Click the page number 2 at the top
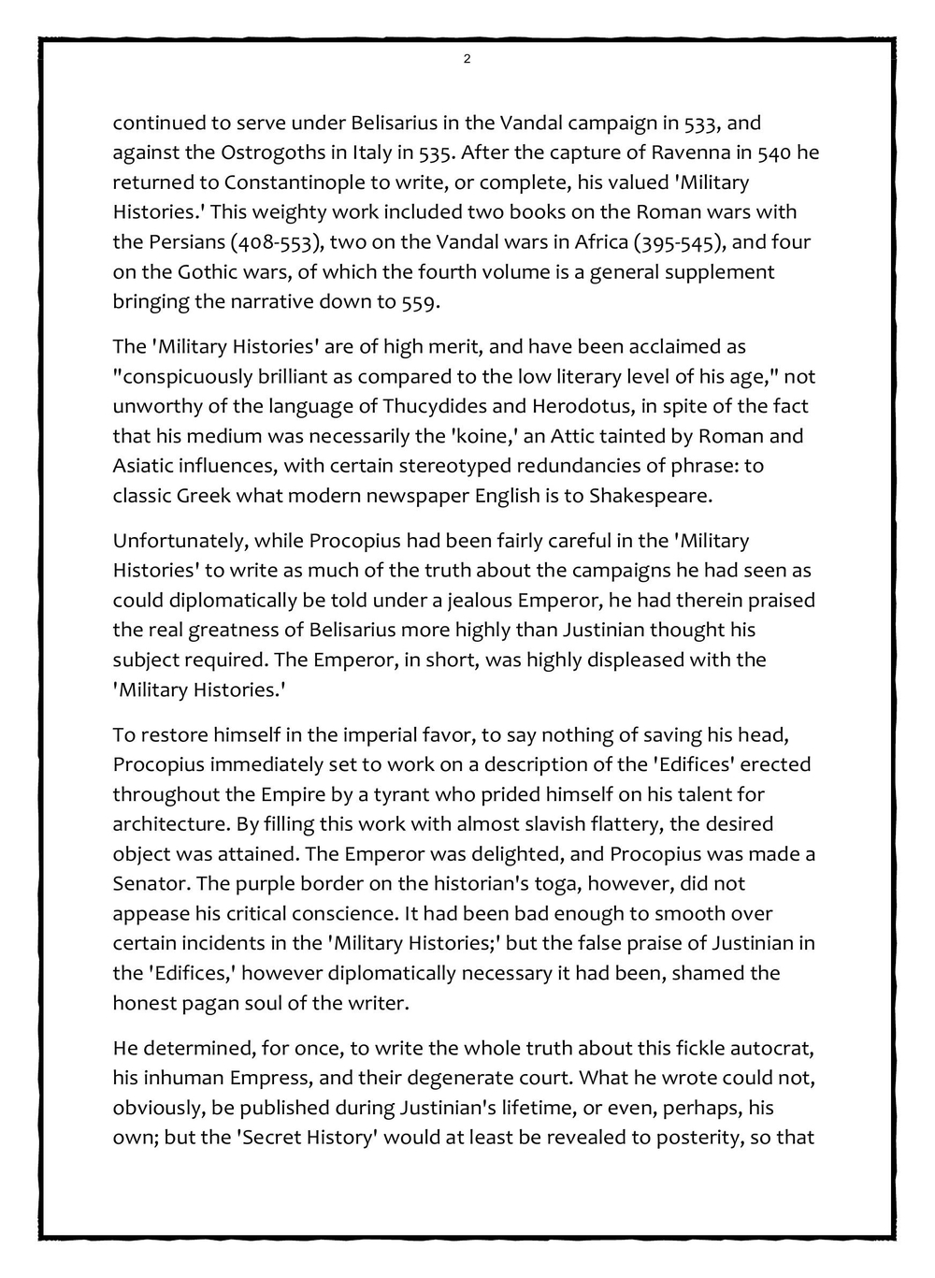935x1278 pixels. point(467,60)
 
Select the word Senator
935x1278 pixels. point(147,884)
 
